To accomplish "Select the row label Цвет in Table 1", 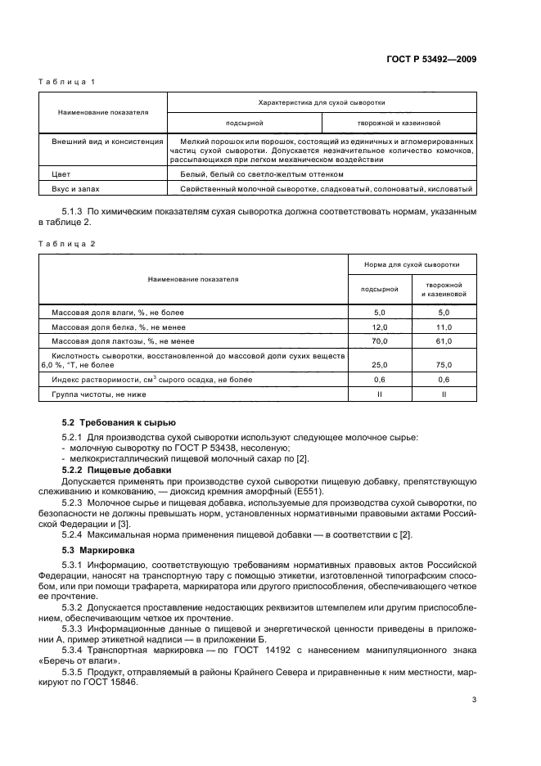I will pos(61,175).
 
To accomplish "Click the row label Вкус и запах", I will pos(76,189).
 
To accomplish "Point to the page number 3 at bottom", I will pos(475,699).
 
